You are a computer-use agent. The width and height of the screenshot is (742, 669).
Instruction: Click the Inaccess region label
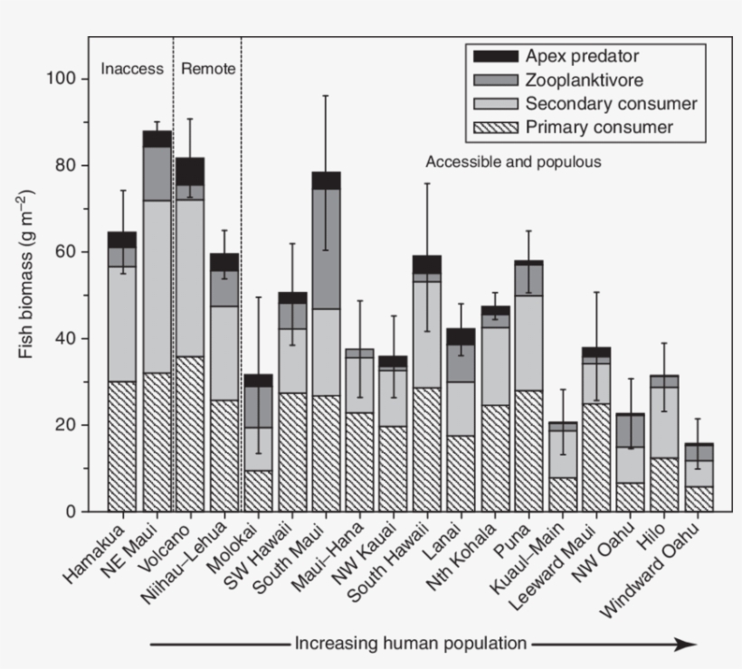click(132, 69)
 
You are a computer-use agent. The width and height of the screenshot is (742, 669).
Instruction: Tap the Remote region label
click(208, 69)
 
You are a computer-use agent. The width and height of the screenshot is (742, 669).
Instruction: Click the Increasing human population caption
click(410, 644)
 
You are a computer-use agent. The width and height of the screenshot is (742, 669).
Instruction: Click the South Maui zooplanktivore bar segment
click(326, 249)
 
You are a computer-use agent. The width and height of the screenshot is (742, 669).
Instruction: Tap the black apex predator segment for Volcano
click(190, 171)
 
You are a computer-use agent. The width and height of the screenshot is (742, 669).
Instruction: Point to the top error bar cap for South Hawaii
click(428, 184)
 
